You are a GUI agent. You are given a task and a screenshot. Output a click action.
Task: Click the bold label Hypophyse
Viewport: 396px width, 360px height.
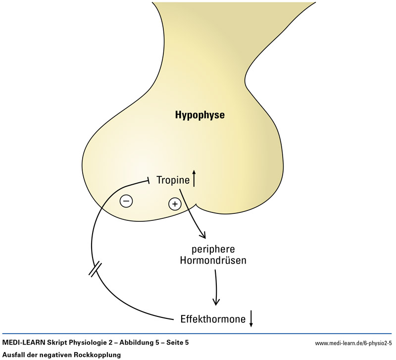click(200, 116)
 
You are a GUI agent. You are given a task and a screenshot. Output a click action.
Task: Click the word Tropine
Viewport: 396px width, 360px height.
click(173, 180)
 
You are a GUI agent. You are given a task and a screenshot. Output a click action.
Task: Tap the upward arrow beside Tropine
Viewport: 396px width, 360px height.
click(194, 179)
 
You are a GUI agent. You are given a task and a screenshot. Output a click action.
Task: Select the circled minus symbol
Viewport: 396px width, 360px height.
click(126, 201)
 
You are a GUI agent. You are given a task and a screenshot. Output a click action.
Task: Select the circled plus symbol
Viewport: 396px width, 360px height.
click(174, 203)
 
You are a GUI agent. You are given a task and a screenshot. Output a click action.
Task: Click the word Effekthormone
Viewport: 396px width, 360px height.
click(213, 319)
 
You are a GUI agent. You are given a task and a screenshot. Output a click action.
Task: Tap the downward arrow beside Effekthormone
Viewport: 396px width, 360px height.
click(251, 318)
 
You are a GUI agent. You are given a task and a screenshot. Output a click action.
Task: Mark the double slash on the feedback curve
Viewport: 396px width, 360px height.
click(95, 269)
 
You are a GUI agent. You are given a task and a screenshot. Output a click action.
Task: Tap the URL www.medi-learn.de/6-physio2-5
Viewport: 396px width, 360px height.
click(353, 343)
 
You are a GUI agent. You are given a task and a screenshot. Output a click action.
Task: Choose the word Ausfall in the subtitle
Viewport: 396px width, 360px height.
click(13, 355)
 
